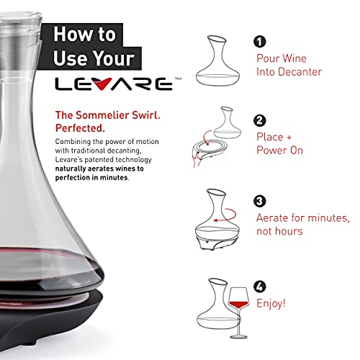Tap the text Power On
281,150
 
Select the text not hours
279,231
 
